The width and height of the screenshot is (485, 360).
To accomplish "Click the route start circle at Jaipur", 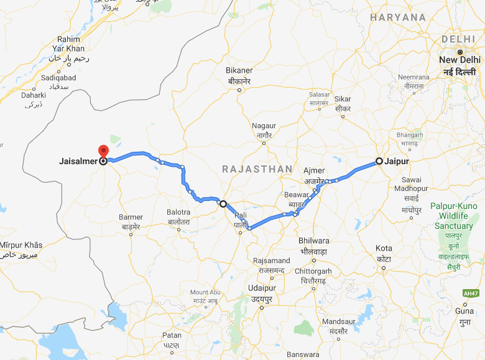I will pyautogui.click(x=379, y=161).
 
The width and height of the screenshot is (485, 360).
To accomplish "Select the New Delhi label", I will pyautogui.click(x=460, y=60).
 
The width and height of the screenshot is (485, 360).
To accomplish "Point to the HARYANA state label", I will pyautogui.click(x=398, y=17).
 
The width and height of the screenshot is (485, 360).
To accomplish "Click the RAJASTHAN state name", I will pyautogui.click(x=257, y=168).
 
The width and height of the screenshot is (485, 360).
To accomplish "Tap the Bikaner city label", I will pyautogui.click(x=239, y=71).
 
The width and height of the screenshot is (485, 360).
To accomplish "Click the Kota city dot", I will pyautogui.click(x=384, y=267).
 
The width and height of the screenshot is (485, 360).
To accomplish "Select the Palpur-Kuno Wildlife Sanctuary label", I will pyautogui.click(x=454, y=216).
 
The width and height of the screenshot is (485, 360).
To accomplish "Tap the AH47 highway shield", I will pyautogui.click(x=471, y=293).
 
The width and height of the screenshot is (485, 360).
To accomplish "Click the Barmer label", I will pyautogui.click(x=131, y=218).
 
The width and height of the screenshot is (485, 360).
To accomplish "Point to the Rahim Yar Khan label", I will pyautogui.click(x=69, y=44).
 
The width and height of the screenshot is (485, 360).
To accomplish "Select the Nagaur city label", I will pyautogui.click(x=264, y=126).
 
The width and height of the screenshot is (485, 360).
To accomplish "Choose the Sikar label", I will pyautogui.click(x=343, y=99).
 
